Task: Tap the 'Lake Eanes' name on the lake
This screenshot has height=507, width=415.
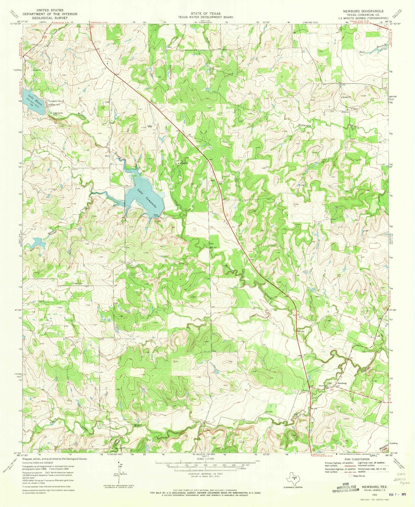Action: click(36, 99)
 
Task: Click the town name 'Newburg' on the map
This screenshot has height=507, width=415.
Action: click(342, 383)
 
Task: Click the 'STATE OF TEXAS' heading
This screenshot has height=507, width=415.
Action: click(206, 14)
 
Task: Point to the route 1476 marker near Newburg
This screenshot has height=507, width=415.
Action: click(332, 390)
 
